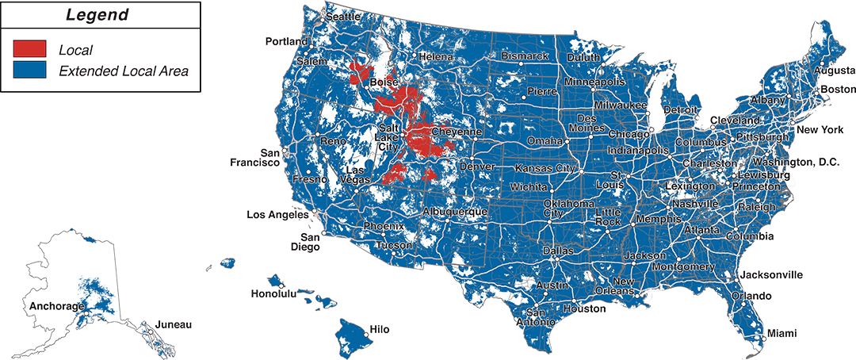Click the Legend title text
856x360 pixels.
pyautogui.click(x=97, y=15)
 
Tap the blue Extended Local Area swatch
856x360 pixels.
pyautogui.click(x=29, y=71)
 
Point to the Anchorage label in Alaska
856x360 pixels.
pyautogui.click(x=55, y=305)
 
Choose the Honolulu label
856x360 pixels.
pyautogui.click(x=273, y=293)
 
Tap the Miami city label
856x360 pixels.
pyautogui.click(x=781, y=332)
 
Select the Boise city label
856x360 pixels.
pyautogui.click(x=384, y=82)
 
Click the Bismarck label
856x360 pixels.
pyautogui.click(x=525, y=56)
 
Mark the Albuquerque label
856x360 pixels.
pyautogui.click(x=455, y=212)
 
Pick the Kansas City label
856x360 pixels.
pyautogui.click(x=545, y=168)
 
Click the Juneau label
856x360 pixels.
pyautogui.click(x=174, y=324)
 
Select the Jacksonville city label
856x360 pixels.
pyautogui.click(x=770, y=275)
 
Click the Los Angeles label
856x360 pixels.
pyautogui.click(x=277, y=215)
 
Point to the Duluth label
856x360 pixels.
pyautogui.click(x=584, y=57)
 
